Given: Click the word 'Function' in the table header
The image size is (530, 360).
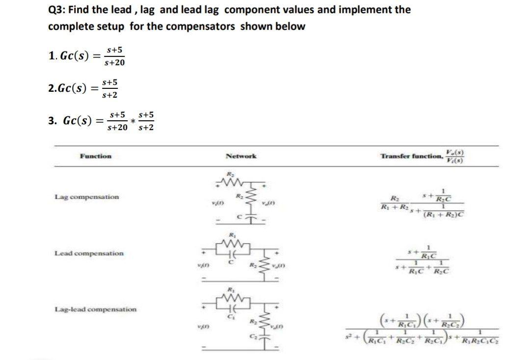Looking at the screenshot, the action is pyautogui.click(x=96, y=156).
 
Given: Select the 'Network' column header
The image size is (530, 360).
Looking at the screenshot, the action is pyautogui.click(x=240, y=156).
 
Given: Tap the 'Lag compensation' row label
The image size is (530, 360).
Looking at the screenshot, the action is pyautogui.click(x=87, y=197).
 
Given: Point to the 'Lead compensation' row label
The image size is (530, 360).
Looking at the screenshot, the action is pyautogui.click(x=89, y=253).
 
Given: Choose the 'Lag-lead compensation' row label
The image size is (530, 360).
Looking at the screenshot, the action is pyautogui.click(x=96, y=309).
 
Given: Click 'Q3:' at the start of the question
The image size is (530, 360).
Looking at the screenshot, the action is pyautogui.click(x=57, y=10).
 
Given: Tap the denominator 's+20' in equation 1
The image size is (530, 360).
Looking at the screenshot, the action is pyautogui.click(x=114, y=63).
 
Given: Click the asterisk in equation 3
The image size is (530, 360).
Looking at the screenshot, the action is pyautogui.click(x=132, y=122).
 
